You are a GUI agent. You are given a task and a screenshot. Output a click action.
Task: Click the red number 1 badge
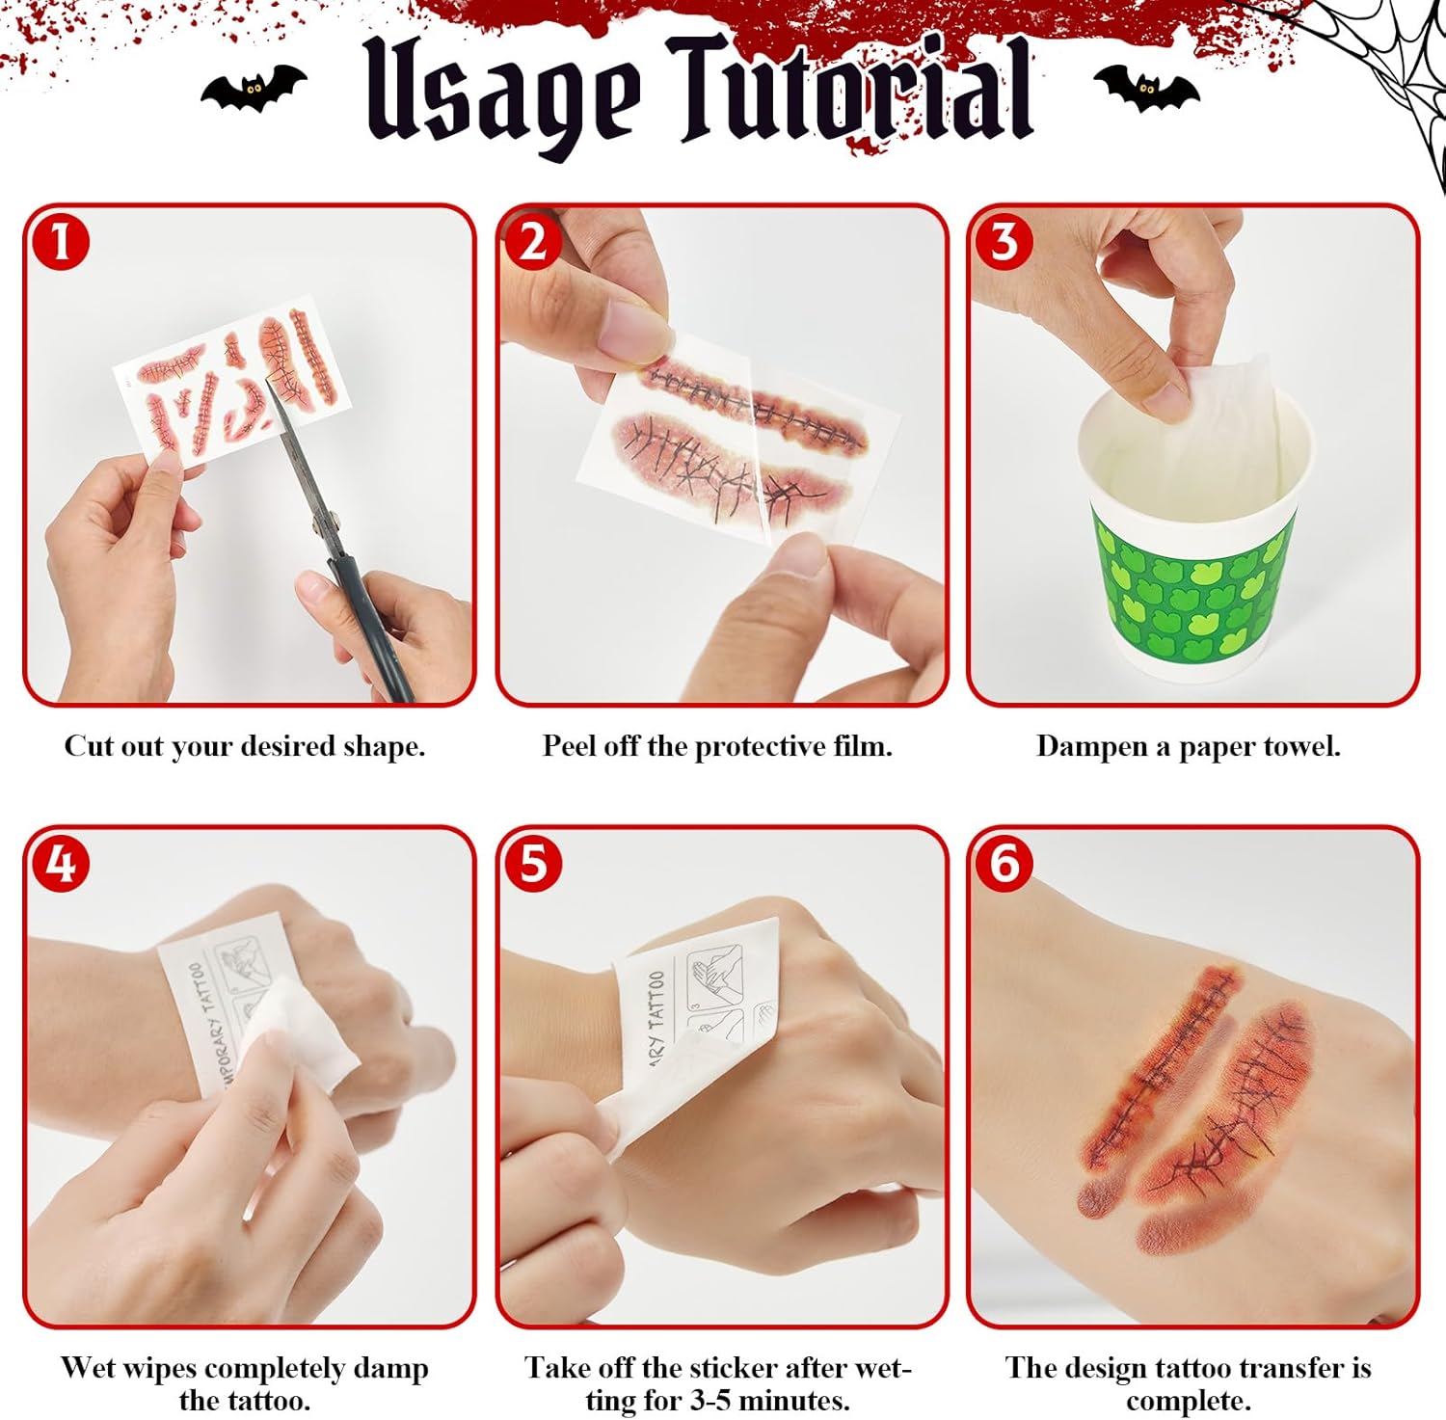click(60, 241)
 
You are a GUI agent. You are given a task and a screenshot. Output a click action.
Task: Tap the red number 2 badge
click(532, 241)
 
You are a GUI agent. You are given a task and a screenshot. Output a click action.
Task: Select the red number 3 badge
click(1004, 241)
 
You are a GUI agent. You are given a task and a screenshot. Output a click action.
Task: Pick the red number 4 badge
click(60, 863)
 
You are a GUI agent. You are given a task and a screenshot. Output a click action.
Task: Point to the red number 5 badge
click(532, 863)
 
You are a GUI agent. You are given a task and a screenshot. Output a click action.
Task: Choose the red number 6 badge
click(1004, 863)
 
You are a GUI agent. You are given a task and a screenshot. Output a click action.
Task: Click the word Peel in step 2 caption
click(569, 746)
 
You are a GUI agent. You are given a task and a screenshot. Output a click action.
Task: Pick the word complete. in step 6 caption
click(1188, 1401)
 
